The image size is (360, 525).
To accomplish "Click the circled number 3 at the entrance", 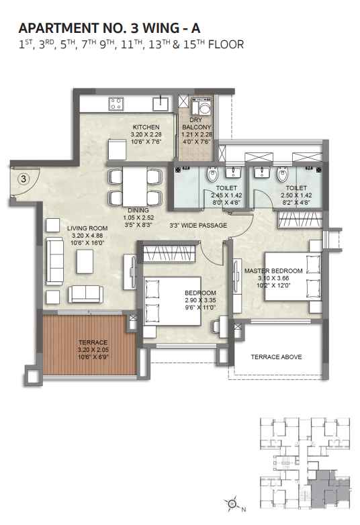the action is coord(24,179).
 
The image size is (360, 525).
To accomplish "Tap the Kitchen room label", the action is coord(146,128).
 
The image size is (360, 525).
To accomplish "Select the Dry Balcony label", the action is coord(197,124).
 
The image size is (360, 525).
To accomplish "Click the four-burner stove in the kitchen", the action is coord(116,103).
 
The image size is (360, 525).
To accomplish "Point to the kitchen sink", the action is coord(161,103).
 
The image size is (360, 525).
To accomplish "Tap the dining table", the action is coord(135,187).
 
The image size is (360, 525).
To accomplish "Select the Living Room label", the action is coord(87,228).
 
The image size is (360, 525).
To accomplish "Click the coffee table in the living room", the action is coord(85,262).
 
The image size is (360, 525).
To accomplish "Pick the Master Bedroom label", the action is coord(273,271).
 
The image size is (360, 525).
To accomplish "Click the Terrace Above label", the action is coord(276,357).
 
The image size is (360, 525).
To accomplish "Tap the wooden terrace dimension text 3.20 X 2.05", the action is coord(93,350).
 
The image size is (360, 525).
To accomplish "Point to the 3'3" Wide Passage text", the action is coord(198,226).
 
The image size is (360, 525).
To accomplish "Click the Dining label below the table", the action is coord(138,210).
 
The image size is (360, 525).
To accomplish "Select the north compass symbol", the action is coord(232,504).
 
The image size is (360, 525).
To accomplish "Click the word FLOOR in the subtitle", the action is coord(226,44).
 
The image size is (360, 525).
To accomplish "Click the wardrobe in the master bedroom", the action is coord(300,220).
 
